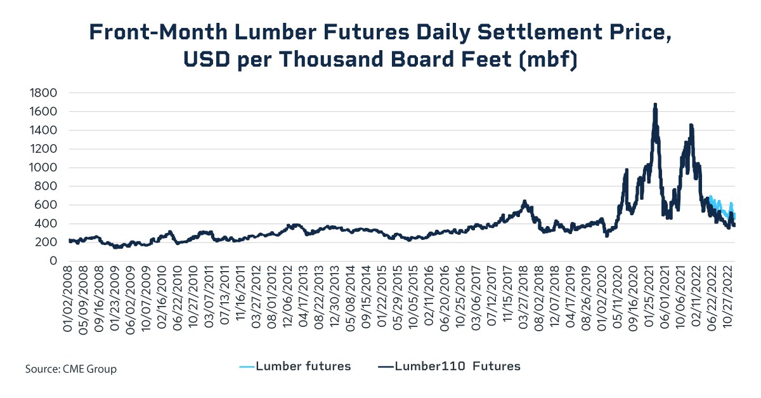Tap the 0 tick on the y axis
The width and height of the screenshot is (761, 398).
pyautogui.click(x=53, y=262)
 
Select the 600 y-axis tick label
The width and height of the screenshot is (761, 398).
pyautogui.click(x=48, y=205)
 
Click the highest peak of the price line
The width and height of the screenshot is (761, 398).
pyautogui.click(x=654, y=105)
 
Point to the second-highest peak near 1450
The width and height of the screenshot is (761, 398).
pyautogui.click(x=691, y=126)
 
